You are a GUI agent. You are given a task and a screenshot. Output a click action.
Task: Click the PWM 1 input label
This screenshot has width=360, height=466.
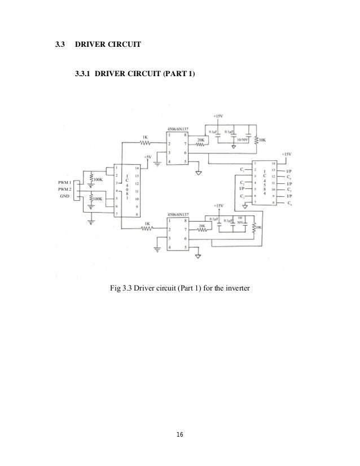pos(64,182)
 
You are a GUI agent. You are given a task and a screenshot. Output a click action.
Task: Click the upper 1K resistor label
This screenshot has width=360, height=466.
pos(145,137)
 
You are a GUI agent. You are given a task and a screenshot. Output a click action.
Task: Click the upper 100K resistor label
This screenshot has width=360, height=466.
pos(97,180)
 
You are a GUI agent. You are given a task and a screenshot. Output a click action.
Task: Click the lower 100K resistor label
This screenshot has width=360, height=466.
pos(97,199)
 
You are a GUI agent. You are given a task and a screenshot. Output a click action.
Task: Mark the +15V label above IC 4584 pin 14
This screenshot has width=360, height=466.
pos(287,153)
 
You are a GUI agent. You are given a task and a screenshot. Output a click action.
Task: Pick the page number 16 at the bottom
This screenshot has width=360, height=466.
pos(180,435)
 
